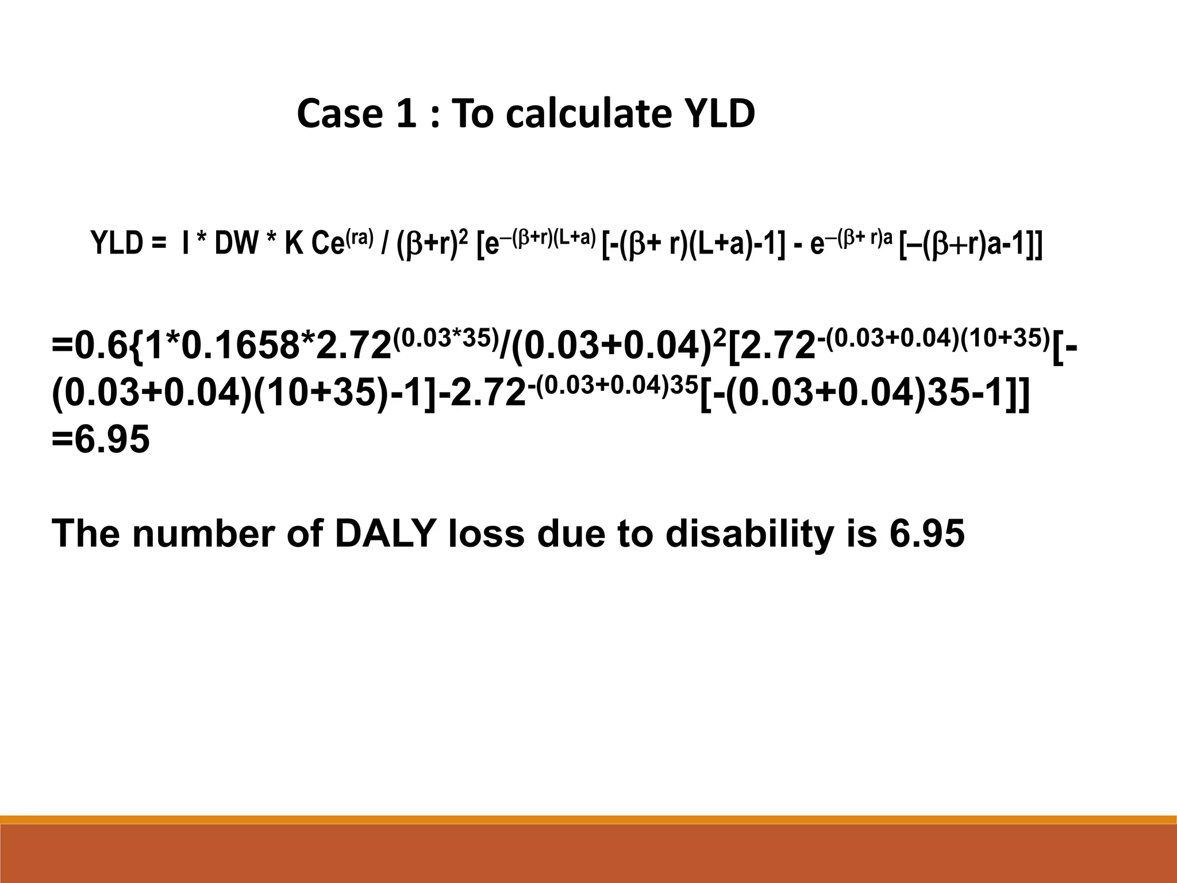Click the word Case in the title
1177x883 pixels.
pos(339,114)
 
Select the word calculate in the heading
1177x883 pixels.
pos(588,114)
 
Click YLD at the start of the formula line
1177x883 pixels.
pos(118,244)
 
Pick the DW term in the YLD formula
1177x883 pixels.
pos(236,244)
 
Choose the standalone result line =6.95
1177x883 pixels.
pos(101,440)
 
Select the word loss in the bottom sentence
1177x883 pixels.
pos(486,533)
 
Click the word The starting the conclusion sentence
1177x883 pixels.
pos(86,533)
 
